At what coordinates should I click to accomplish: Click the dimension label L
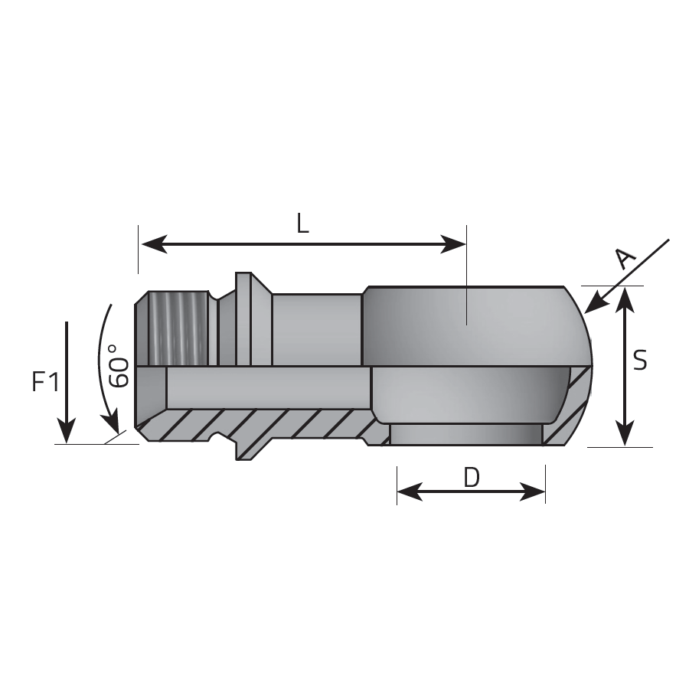coord(302,224)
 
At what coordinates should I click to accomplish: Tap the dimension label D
coord(472,478)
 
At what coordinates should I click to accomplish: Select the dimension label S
coord(641,360)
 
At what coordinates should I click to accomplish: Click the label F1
coord(46,381)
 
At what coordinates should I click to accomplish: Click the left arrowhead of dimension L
coord(154,244)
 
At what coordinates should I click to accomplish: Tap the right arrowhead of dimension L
coord(452,244)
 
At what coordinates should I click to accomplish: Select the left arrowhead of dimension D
coord(410,491)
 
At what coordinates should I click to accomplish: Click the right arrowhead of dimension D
coord(533,491)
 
